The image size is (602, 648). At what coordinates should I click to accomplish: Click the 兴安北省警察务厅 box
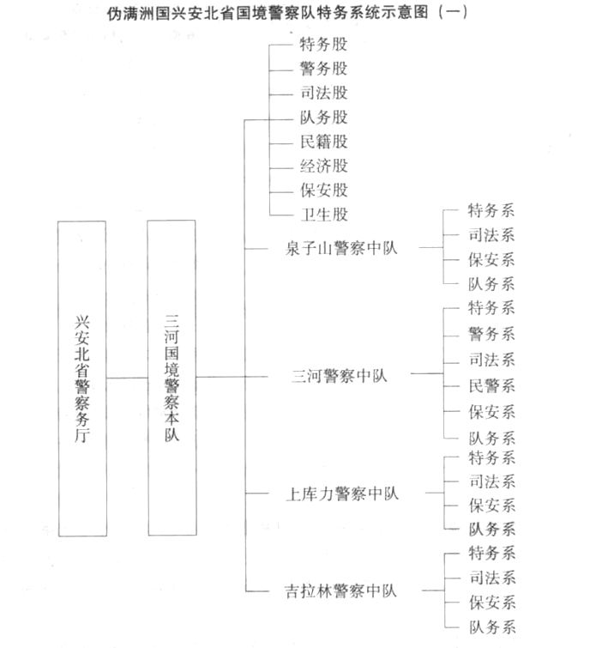(x=82, y=379)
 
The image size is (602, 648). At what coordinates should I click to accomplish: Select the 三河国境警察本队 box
(x=172, y=378)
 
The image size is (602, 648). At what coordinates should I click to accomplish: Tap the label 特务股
(x=323, y=45)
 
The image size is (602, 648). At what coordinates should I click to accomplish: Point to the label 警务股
(x=323, y=69)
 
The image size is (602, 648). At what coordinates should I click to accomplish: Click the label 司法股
(x=323, y=93)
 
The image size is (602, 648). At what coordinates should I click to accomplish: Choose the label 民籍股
(x=323, y=142)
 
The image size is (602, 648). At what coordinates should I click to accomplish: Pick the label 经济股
(x=323, y=166)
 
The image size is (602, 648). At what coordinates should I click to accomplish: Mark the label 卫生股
(x=324, y=215)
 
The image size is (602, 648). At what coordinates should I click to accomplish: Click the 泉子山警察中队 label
(x=341, y=248)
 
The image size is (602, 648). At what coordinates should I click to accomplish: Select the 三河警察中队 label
(x=340, y=376)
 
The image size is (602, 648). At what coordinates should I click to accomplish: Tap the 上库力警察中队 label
(x=342, y=494)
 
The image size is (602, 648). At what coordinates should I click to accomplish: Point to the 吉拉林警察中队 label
(x=340, y=591)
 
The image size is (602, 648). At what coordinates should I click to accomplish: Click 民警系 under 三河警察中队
(x=491, y=386)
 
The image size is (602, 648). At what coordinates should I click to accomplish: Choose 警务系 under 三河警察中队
(x=491, y=334)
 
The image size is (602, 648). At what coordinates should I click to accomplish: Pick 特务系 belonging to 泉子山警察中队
(x=491, y=211)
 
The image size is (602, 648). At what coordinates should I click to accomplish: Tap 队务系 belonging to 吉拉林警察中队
(x=492, y=627)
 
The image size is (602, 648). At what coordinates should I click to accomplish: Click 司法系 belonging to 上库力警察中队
(x=492, y=481)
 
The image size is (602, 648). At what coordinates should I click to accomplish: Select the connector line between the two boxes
(x=127, y=378)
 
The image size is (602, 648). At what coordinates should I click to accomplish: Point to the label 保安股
(x=324, y=190)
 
